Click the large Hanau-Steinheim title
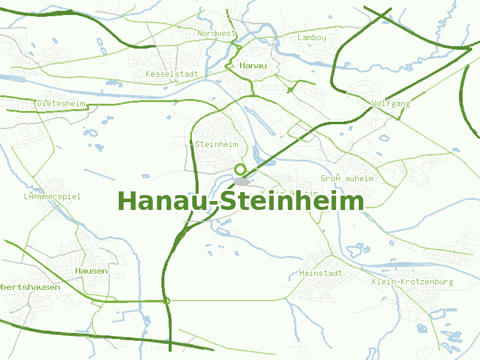click(241, 201)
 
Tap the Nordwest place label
click(217, 34)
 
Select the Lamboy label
click(312, 38)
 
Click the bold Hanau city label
click(253, 65)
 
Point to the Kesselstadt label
click(172, 74)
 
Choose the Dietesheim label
click(61, 103)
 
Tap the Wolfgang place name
click(391, 103)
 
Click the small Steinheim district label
click(217, 145)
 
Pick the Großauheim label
click(347, 179)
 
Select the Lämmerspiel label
click(52, 196)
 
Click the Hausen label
click(92, 271)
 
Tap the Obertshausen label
click(30, 287)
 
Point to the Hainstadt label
click(320, 273)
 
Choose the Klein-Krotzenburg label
click(412, 281)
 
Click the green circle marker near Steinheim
click(241, 170)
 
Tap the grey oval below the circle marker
click(242, 181)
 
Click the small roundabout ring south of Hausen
click(167, 301)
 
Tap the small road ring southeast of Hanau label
click(291, 90)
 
